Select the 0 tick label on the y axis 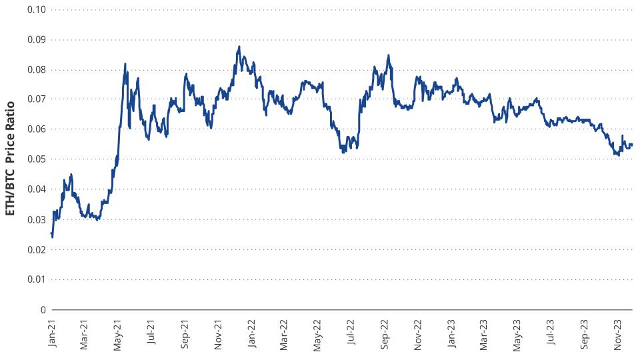point(43,310)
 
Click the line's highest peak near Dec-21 point(239,47)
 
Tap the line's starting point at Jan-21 point(51,233)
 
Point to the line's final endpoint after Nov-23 point(632,145)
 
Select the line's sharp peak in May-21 point(125,64)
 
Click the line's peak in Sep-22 point(388,55)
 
